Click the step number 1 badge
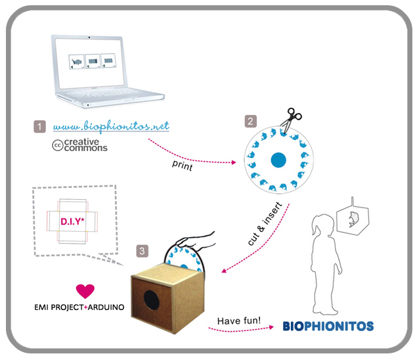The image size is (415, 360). [39, 127]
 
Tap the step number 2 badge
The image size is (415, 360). [250, 122]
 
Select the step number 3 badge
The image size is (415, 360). [142, 251]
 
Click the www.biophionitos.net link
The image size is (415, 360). [111, 126]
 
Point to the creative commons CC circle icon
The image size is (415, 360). [57, 145]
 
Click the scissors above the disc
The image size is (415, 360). [291, 120]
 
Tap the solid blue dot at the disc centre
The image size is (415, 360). [278, 160]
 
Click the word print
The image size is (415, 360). [183, 166]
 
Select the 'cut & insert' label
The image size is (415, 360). [265, 223]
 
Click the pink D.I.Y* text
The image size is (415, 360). [72, 221]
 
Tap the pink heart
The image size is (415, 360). [85, 291]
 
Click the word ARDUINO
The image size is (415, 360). [106, 307]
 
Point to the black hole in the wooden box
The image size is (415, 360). [152, 300]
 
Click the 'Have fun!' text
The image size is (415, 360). [239, 321]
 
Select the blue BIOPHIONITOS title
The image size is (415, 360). [328, 326]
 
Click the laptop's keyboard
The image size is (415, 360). [106, 93]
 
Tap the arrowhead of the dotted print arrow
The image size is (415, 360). [234, 162]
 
